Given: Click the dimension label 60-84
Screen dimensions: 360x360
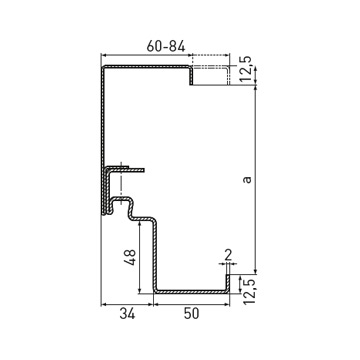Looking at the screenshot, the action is pyautogui.click(x=166, y=46).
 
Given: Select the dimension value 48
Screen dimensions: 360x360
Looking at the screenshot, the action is pyautogui.click(x=130, y=257).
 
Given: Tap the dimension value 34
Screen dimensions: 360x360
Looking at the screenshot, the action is pyautogui.click(x=127, y=314).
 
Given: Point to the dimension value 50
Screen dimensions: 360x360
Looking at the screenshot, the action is pyautogui.click(x=191, y=314).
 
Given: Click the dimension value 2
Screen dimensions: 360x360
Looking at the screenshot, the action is pyautogui.click(x=228, y=255).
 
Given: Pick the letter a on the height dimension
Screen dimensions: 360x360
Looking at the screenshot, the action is pyautogui.click(x=247, y=180).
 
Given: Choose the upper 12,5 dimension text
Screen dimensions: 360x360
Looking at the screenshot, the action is pyautogui.click(x=246, y=69).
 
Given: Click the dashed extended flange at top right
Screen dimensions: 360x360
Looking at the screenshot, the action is pyautogui.click(x=211, y=68).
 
